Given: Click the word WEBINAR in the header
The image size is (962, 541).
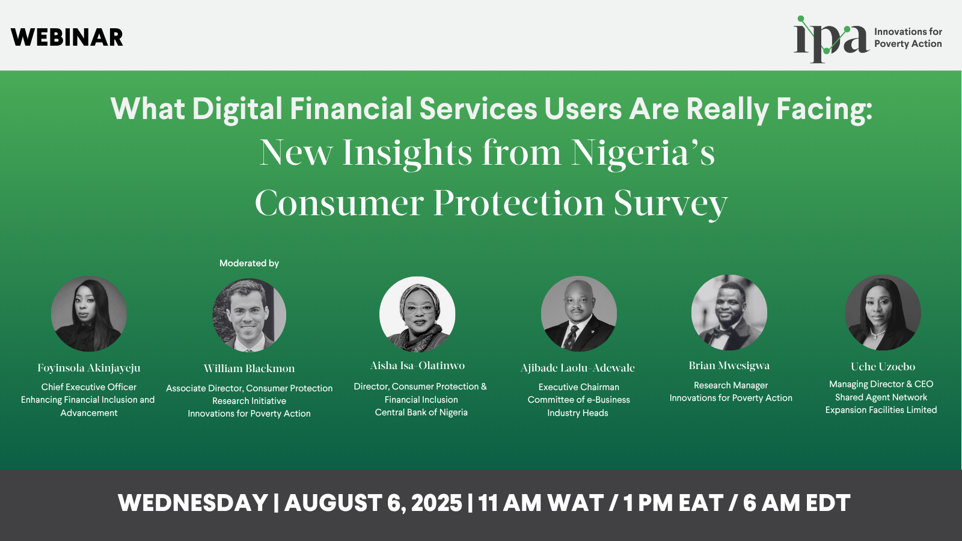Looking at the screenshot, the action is click(x=67, y=37).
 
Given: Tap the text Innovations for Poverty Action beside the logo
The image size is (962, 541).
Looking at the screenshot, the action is click(x=908, y=38).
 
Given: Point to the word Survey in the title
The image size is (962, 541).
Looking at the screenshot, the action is click(x=670, y=204).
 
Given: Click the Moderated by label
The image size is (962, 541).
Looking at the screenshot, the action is click(x=249, y=263).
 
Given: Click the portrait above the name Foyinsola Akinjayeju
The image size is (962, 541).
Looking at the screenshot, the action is click(x=89, y=314).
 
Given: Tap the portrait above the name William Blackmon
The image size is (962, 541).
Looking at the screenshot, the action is click(x=249, y=315).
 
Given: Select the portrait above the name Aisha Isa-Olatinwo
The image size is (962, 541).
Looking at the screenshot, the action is click(x=417, y=314).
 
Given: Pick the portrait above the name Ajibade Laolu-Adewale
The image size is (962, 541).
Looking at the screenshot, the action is click(x=578, y=313).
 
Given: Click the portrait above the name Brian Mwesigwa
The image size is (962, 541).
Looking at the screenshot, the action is click(x=729, y=313).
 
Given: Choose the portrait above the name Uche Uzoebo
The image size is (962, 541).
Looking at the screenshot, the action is click(x=883, y=313).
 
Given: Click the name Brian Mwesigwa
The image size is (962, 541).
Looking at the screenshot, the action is click(x=729, y=365).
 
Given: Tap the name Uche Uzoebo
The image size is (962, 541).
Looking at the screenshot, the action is click(x=883, y=367).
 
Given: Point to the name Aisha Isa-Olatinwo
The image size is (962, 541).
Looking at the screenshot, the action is click(x=417, y=365).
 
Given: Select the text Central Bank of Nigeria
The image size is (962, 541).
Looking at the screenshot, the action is click(x=421, y=412).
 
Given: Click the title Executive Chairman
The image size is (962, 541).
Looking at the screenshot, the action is click(x=579, y=387).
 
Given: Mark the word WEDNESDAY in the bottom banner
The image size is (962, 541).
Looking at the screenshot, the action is click(x=193, y=503).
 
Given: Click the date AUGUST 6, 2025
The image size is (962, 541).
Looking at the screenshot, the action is click(x=373, y=503).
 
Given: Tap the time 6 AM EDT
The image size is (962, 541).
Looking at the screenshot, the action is click(x=797, y=503).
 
